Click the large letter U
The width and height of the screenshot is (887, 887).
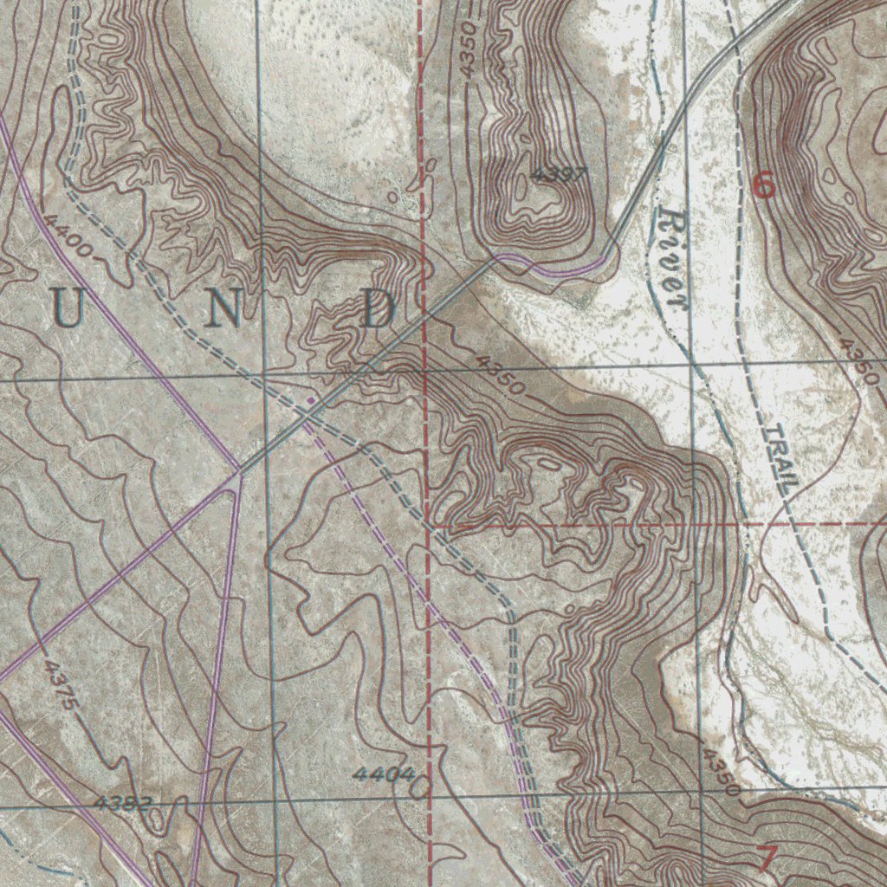point(70,309)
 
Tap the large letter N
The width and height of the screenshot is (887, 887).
point(223,309)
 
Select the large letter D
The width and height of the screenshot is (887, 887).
point(379,309)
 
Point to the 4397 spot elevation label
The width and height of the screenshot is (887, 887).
point(559,174)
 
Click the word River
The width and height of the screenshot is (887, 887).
point(672,257)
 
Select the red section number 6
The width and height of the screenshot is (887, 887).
point(763,185)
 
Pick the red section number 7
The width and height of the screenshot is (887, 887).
point(767,858)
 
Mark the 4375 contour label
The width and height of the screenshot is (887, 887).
point(62,686)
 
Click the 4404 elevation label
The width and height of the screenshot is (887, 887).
point(382,774)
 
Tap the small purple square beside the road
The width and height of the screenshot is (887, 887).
point(310,400)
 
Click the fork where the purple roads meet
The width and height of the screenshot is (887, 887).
point(237,473)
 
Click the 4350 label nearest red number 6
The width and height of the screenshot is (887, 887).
point(859,362)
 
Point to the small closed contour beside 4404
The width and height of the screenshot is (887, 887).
point(421,787)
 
